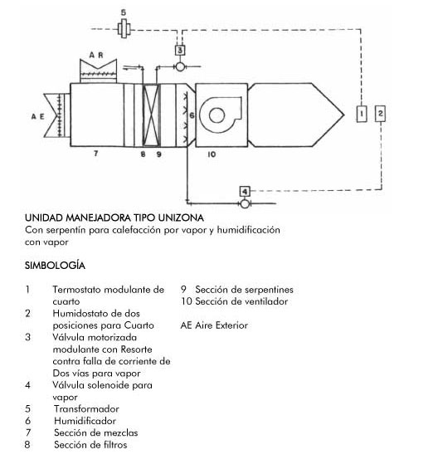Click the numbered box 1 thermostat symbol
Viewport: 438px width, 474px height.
tap(362, 114)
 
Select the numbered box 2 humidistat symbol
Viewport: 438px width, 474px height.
tap(380, 114)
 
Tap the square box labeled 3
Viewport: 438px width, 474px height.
tap(180, 50)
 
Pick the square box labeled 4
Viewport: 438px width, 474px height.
tap(245, 192)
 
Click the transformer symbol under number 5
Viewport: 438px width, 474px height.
tap(124, 29)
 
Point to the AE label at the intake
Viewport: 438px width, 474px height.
tap(38, 116)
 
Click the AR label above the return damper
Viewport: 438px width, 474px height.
tap(96, 55)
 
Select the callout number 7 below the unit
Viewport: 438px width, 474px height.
tap(95, 154)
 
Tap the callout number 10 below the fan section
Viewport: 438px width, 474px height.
tap(212, 154)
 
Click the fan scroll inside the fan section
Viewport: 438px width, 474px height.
tap(221, 115)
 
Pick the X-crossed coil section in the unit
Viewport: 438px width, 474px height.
tap(151, 115)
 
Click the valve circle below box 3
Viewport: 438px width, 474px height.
tap(180, 66)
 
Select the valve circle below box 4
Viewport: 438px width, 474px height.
tap(245, 203)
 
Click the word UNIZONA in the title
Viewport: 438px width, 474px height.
tap(181, 217)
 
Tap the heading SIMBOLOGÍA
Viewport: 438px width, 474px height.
tap(55, 266)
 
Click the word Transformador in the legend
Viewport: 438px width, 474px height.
tap(86, 409)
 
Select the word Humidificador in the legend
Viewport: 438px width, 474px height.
tap(85, 421)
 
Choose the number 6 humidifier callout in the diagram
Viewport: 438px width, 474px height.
tap(192, 115)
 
